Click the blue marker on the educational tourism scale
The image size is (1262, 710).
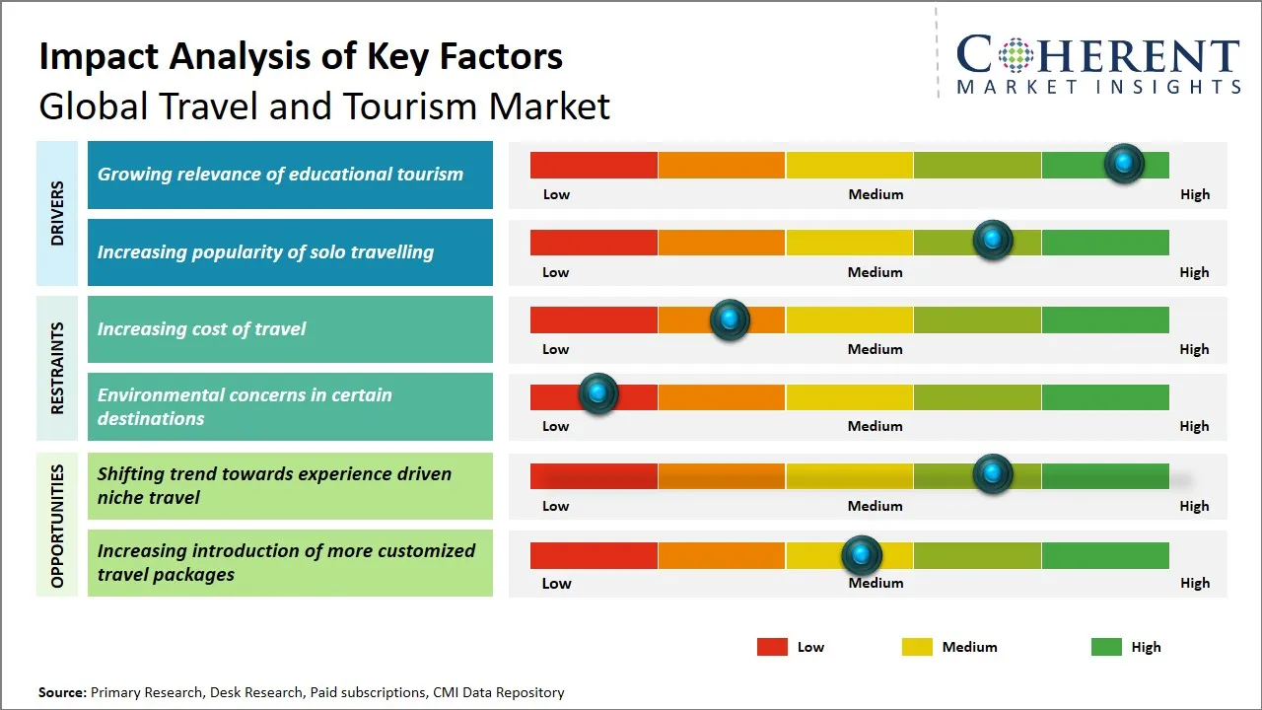click(1123, 164)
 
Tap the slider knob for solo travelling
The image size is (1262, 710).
click(993, 241)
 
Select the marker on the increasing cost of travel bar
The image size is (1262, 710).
click(730, 319)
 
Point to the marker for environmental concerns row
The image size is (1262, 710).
click(597, 393)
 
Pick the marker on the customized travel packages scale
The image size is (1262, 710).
click(862, 556)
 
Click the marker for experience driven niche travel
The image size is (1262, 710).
click(993, 474)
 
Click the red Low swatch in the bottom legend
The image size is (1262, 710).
click(772, 647)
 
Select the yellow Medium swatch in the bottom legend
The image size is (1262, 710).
click(917, 647)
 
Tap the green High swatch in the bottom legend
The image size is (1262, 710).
click(1106, 647)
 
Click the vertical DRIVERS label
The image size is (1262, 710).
click(57, 213)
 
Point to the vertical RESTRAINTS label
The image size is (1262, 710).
click(57, 368)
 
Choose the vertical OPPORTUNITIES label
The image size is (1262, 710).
click(57, 526)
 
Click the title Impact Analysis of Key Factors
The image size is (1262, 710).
click(301, 57)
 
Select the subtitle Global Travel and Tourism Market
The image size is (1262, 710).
click(324, 106)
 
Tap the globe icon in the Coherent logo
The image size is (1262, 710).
click(1016, 55)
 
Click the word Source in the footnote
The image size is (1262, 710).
click(62, 692)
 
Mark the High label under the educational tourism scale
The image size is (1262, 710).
click(1195, 194)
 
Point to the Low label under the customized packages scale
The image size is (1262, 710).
click(556, 583)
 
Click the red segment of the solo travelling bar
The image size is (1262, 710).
click(594, 243)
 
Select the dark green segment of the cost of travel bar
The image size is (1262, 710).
click(1104, 319)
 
